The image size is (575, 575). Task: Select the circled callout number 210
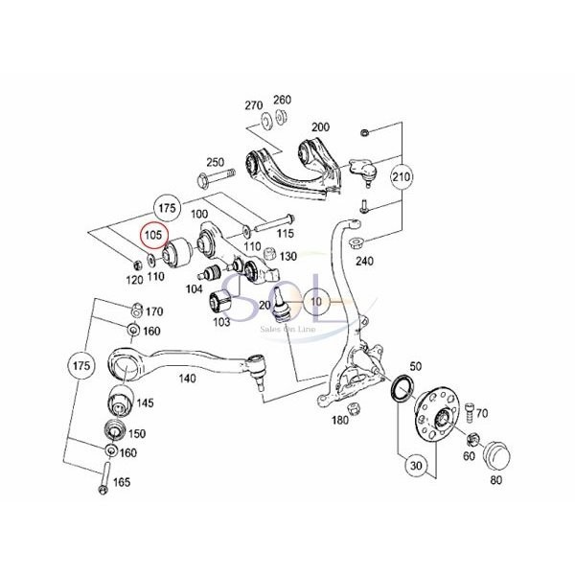coord(402,176)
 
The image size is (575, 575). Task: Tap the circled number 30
coord(414,467)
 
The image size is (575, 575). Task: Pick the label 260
coord(282,99)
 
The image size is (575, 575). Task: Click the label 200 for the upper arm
coord(320,126)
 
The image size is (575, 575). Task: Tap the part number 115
coord(285,233)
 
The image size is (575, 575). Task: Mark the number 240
coord(364,260)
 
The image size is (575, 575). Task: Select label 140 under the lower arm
coord(187,379)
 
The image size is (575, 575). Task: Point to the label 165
coord(122,481)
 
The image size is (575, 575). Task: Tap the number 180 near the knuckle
coord(339,420)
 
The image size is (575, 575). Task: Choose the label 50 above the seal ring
coord(415,367)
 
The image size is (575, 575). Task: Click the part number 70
coord(482,413)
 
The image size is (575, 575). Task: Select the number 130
coord(288,256)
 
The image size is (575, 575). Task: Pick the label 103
coord(222,322)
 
